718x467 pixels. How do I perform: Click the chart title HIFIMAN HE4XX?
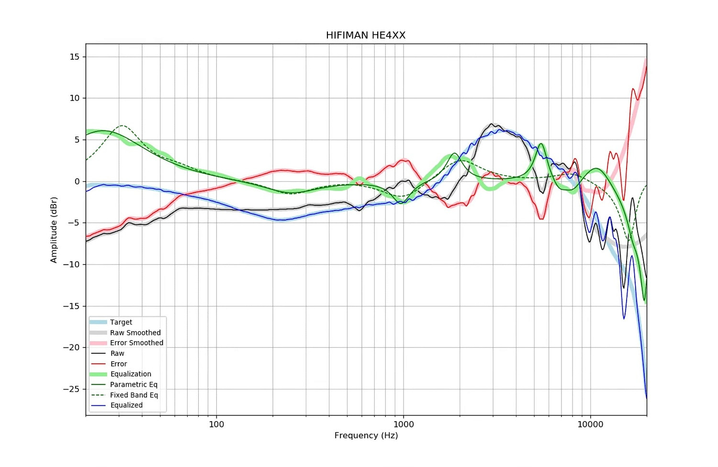366,35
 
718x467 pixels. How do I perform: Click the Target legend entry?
121,322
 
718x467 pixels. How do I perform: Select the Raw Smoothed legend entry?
135,333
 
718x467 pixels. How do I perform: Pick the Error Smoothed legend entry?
136,343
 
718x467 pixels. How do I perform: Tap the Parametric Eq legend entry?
134,385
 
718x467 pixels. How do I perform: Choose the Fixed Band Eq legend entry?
134,395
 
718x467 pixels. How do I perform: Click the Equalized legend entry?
126,405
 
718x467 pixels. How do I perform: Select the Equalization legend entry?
131,374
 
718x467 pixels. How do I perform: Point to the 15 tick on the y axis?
75,57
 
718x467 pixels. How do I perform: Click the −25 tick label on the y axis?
71,389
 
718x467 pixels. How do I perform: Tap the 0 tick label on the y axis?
77,182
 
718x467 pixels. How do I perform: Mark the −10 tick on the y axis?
71,265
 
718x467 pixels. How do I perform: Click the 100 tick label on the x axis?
216,424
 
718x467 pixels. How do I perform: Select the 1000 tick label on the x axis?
404,424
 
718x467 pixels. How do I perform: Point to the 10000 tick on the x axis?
590,424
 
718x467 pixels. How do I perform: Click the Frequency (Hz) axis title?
366,435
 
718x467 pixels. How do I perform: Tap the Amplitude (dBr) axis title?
54,230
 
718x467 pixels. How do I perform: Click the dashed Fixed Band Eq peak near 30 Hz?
123,126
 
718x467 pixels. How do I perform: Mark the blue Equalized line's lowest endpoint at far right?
646,398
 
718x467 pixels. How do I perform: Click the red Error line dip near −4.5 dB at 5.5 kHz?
541,219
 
